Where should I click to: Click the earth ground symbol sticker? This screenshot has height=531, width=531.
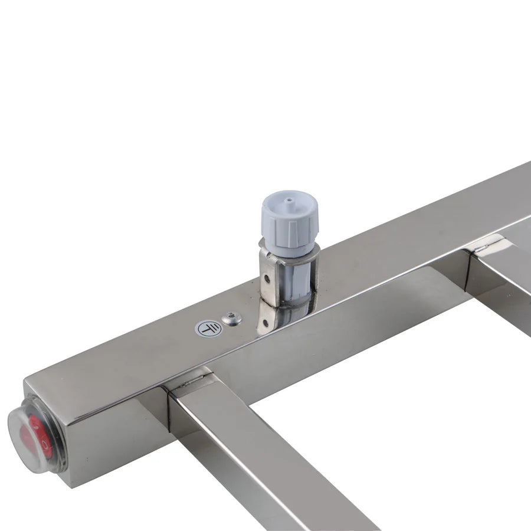208,328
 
